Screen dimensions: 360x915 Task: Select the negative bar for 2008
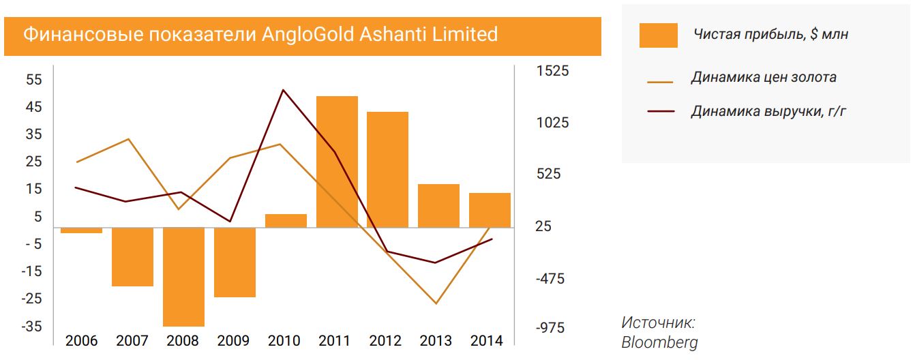183,277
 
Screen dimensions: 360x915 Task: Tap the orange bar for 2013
438,206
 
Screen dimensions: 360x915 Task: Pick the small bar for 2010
286,221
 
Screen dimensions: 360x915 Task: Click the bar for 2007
132,257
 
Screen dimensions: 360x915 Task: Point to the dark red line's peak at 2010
283,90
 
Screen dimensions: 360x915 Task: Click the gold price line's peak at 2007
129,139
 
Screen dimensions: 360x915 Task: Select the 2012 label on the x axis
388,341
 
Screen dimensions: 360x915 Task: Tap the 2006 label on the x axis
81,341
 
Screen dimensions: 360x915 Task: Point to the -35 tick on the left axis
31,327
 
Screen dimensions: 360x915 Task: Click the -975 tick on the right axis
550,328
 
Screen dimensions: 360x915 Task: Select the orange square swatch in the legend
658,35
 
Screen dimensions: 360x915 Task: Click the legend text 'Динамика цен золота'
763,77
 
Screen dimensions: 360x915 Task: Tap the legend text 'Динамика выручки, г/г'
768,111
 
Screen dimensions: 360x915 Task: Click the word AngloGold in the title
309,34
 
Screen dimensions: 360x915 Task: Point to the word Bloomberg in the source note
659,342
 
